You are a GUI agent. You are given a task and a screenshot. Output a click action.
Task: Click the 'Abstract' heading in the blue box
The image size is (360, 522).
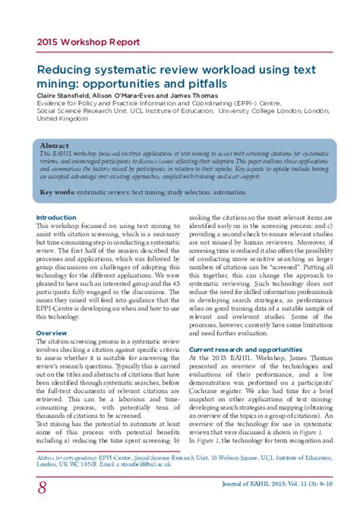(54, 145)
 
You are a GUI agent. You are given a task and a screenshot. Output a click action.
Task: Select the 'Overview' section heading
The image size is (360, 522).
(52, 334)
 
